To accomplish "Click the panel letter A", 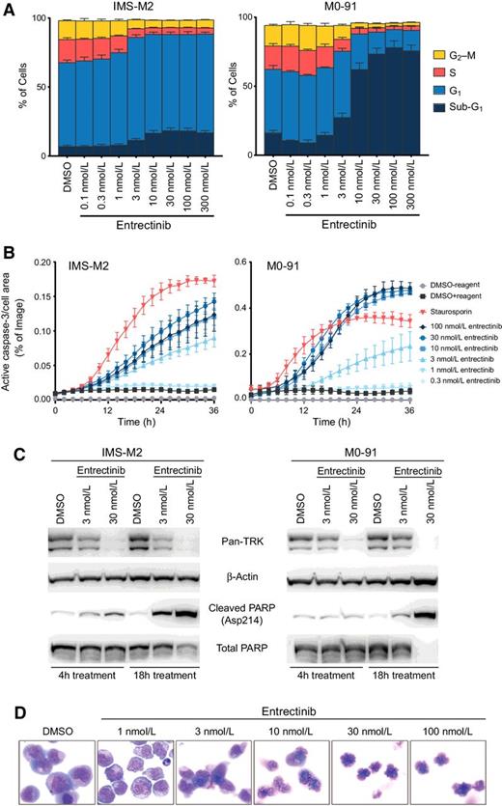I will point(8,8).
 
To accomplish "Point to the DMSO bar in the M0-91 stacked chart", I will point(273,87).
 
